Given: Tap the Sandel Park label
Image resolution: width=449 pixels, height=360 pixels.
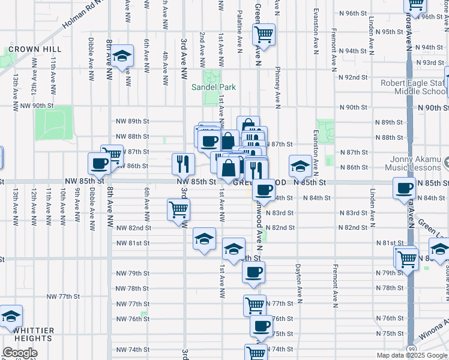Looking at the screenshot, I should tap(213, 87).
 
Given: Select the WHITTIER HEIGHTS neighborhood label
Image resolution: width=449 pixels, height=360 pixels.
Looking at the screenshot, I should tap(28, 334).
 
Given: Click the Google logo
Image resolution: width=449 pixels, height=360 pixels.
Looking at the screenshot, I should tap(20, 353).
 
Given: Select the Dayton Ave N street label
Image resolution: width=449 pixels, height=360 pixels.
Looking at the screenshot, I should tap(297, 279).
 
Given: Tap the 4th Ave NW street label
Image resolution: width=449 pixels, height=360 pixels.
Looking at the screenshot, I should tap(164, 64).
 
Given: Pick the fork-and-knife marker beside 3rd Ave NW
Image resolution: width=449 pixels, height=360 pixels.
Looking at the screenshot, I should tap(183, 163).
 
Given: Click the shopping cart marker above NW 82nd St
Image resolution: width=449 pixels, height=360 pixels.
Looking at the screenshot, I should tap(178, 210).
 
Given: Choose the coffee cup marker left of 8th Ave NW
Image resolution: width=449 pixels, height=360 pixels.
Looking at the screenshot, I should tap(99, 163).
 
